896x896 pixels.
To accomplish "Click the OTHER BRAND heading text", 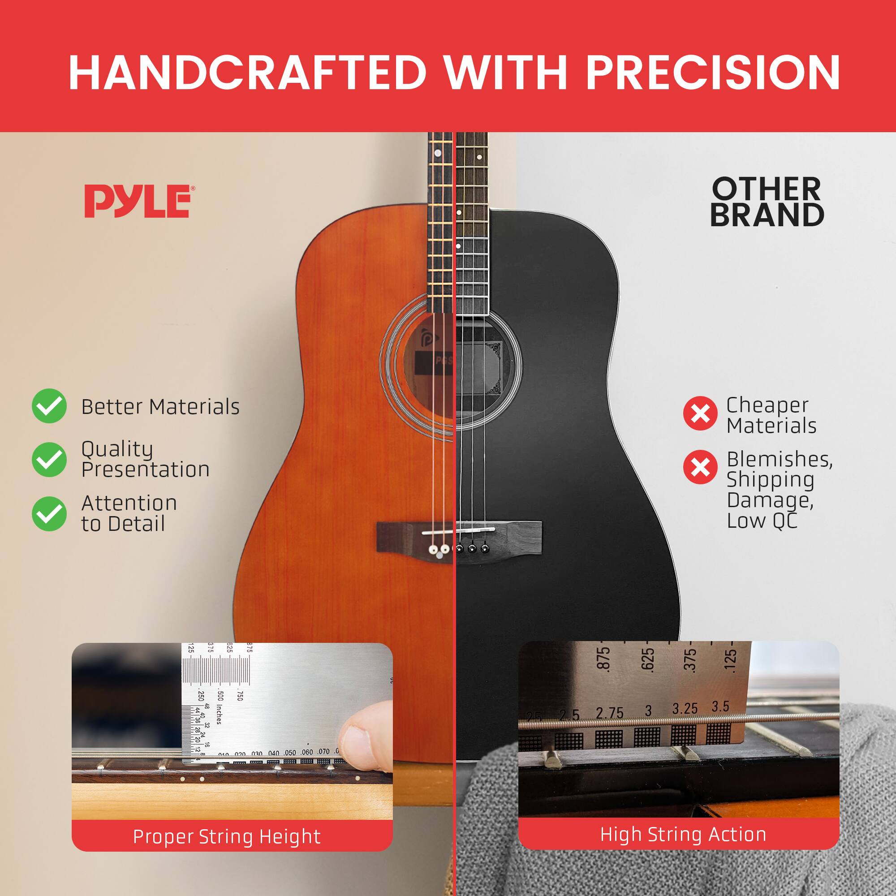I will pyautogui.click(x=767, y=202).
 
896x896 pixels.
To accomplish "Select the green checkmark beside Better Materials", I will pyautogui.click(x=49, y=406).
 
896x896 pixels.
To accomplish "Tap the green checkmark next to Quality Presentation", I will pyautogui.click(x=49, y=459).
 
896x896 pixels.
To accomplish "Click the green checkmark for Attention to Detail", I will pyautogui.click(x=49, y=513).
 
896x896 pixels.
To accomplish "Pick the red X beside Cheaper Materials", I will pyautogui.click(x=700, y=413).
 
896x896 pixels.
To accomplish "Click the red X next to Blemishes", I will pyautogui.click(x=700, y=467).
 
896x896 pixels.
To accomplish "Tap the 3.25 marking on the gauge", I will pyautogui.click(x=685, y=709).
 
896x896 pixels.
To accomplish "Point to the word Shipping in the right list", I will pyautogui.click(x=770, y=480).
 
